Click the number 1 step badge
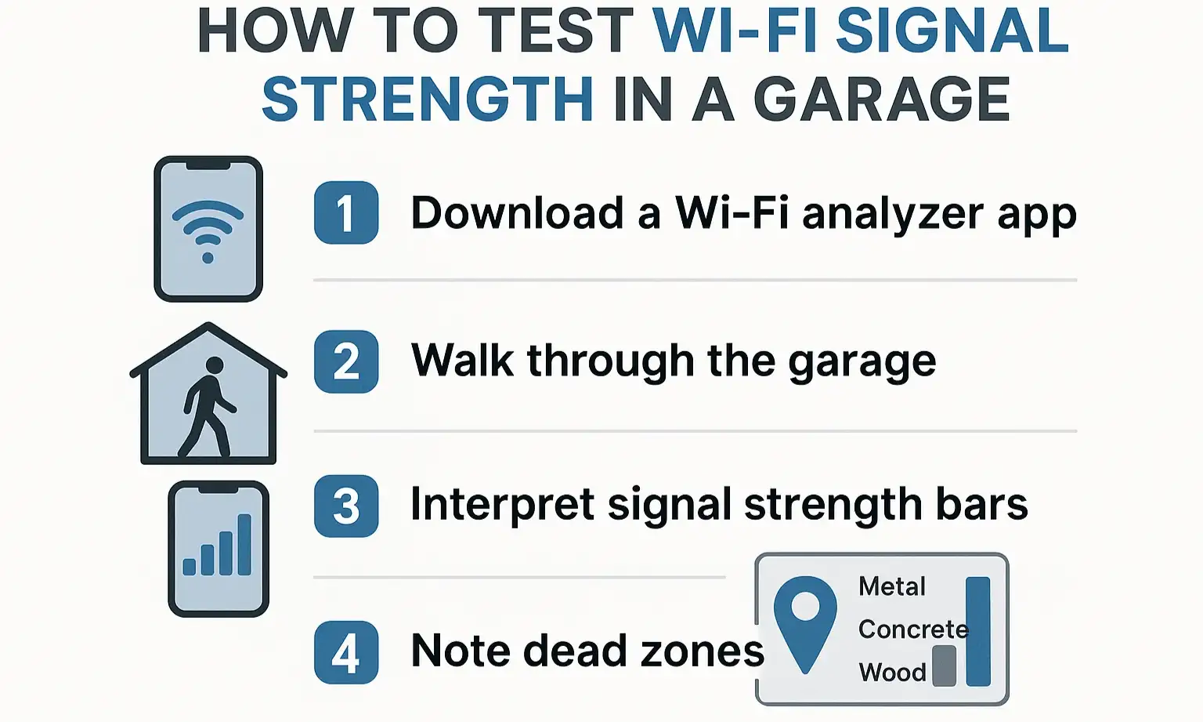coord(346,212)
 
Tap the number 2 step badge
coord(346,361)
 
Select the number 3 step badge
coord(346,506)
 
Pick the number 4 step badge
coord(346,652)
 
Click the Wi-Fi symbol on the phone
coord(208,227)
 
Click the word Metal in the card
coord(891,586)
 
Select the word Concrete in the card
coord(912,629)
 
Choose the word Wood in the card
coord(892,672)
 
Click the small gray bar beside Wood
coord(944,666)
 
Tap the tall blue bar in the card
coord(977,631)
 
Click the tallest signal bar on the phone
coord(244,544)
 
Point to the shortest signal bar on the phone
coord(189,566)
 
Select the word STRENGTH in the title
coord(428,100)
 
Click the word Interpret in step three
coord(502,505)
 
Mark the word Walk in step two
coord(462,361)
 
